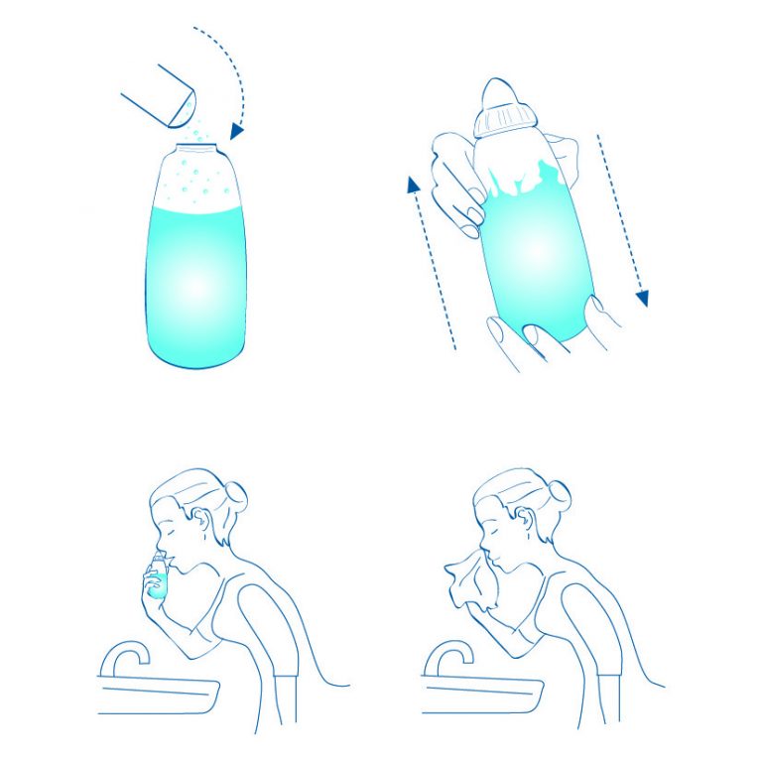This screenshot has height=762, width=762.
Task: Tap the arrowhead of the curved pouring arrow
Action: coord(237,130)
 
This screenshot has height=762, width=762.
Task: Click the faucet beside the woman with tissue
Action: coord(446,655)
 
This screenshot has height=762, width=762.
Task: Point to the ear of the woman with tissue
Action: coord(526,524)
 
